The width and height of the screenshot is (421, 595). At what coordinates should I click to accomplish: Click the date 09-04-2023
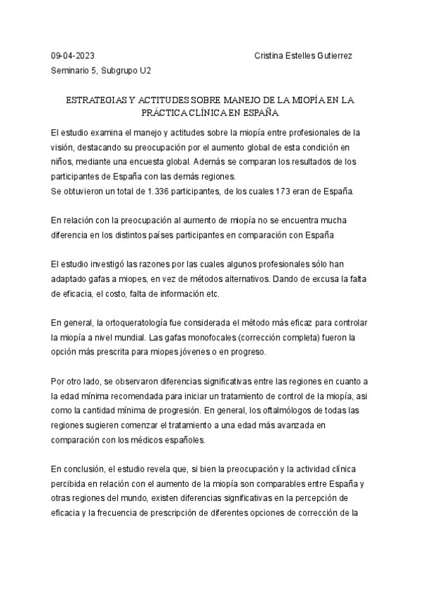[x=73, y=55]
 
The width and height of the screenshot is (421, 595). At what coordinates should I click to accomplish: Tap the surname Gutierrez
[x=333, y=55]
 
